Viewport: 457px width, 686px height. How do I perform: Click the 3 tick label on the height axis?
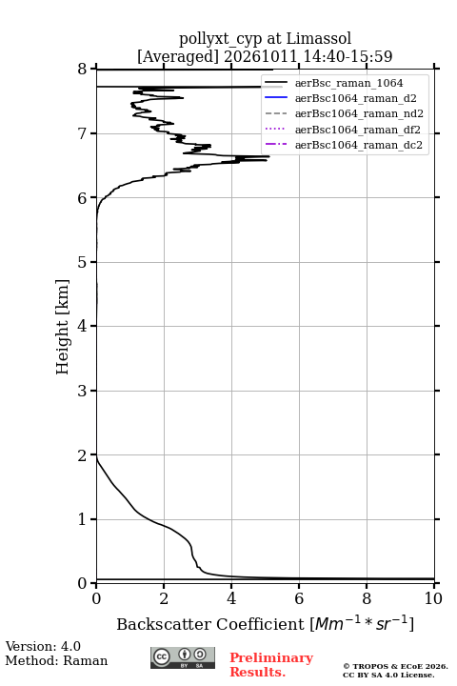(x=83, y=391)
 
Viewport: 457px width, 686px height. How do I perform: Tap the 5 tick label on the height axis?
(x=83, y=262)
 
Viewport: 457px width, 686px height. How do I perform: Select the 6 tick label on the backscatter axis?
(x=299, y=598)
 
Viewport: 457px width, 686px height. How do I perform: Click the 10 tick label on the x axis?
(x=433, y=598)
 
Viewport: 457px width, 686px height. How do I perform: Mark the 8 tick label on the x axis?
(x=367, y=598)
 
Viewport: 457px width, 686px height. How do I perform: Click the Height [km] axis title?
(x=63, y=327)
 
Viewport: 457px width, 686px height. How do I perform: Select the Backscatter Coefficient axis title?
(x=265, y=623)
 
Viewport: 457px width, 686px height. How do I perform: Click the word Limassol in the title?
(x=319, y=39)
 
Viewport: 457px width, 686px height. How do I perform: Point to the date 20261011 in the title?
(x=261, y=56)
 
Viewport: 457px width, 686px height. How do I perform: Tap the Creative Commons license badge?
(x=183, y=658)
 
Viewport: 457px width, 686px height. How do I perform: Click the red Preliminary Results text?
(x=271, y=665)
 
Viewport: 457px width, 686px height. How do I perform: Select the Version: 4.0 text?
(x=43, y=646)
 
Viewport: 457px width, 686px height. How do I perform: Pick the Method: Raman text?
(x=56, y=660)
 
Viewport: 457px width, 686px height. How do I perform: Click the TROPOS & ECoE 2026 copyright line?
(x=395, y=666)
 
